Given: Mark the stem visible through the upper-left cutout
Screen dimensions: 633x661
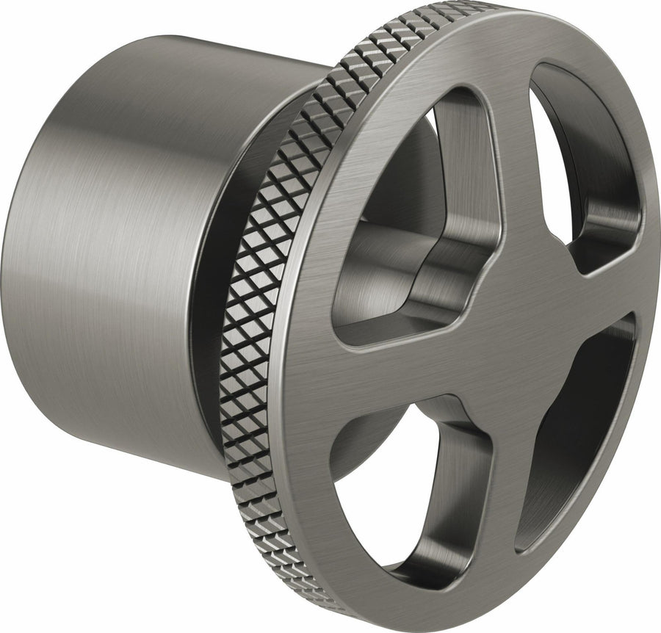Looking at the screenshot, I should pyautogui.click(x=382, y=272).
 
